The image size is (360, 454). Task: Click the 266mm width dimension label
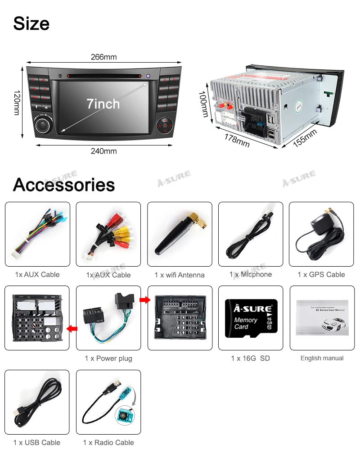[103, 57]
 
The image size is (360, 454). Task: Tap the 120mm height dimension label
[17, 103]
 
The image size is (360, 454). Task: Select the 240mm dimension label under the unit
[103, 151]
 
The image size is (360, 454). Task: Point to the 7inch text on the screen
[103, 104]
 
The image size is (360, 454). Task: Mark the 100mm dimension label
[203, 104]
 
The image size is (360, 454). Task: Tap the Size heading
[31, 23]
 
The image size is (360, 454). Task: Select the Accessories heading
[64, 185]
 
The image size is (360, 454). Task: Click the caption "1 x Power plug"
[108, 359]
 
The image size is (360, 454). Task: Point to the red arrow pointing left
[72, 329]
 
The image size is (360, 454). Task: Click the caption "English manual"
[322, 359]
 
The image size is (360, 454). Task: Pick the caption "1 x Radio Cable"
[108, 443]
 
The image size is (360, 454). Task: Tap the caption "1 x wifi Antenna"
[180, 275]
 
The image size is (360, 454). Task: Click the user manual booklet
[322, 318]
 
